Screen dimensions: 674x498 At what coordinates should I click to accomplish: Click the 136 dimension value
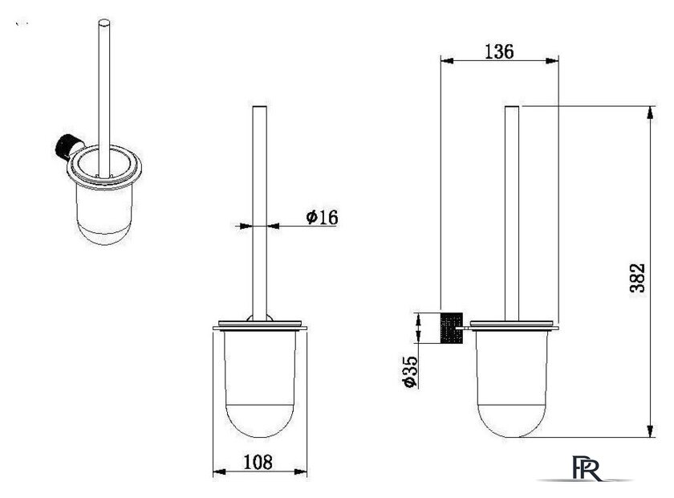[x=499, y=51]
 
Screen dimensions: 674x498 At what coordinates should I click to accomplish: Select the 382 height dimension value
[x=637, y=278]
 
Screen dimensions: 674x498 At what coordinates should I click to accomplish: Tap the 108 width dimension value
[x=258, y=463]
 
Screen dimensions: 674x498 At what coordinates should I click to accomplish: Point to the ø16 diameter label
[x=322, y=217]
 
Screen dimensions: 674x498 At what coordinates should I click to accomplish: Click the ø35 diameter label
[x=410, y=372]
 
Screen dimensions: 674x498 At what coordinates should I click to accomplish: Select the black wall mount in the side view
[x=451, y=328]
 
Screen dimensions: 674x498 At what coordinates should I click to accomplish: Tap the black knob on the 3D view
[x=65, y=147]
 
